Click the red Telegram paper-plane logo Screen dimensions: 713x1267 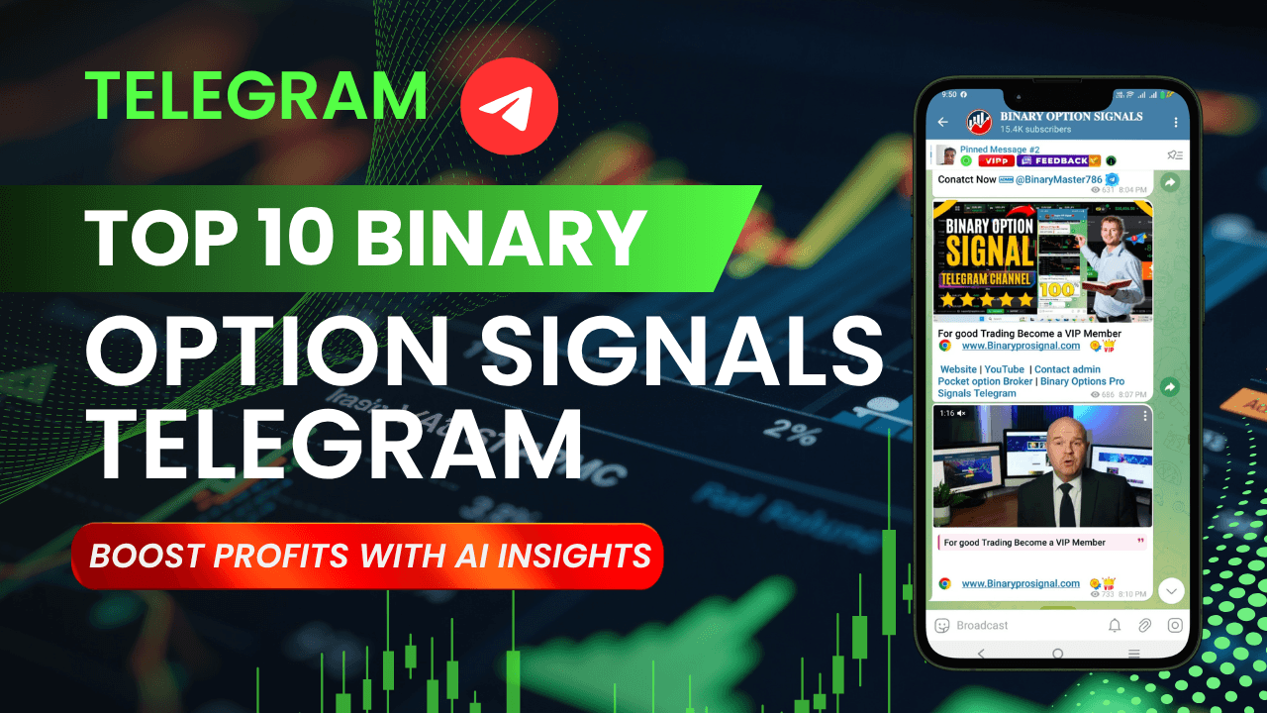pyautogui.click(x=510, y=104)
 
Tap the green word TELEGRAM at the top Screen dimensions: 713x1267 pyautogui.click(x=255, y=96)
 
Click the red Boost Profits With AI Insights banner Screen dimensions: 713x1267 pyautogui.click(x=368, y=555)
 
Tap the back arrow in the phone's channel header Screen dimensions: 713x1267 pyautogui.click(x=942, y=123)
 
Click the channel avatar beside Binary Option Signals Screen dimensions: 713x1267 pyautogui.click(x=979, y=122)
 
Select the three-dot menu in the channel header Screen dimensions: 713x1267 pyautogui.click(x=1175, y=123)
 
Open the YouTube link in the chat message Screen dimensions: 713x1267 pyautogui.click(x=1004, y=369)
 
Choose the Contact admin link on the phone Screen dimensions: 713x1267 pyautogui.click(x=1067, y=369)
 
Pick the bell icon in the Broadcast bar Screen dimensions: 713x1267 pyautogui.click(x=1115, y=625)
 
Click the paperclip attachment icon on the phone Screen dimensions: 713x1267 pyautogui.click(x=1144, y=625)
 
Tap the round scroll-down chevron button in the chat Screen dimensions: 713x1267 pyautogui.click(x=1171, y=590)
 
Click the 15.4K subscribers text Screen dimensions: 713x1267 pyautogui.click(x=1035, y=130)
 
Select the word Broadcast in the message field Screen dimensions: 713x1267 pyautogui.click(x=982, y=625)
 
